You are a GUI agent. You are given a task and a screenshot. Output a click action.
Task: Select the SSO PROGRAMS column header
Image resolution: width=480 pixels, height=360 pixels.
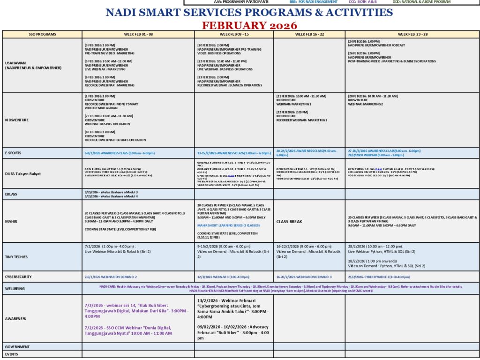[42, 34]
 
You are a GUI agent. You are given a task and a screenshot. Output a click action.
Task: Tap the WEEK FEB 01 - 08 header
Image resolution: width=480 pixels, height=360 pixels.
[138, 34]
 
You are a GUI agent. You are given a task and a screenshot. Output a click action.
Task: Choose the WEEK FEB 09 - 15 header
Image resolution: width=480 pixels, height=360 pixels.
[234, 34]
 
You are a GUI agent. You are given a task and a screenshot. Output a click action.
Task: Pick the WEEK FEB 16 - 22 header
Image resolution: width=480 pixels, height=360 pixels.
[309, 34]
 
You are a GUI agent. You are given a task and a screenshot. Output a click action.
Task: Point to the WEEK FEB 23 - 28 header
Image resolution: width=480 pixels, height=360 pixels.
[412, 34]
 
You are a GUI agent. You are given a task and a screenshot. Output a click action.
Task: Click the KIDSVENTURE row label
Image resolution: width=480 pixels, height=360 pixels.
[16, 120]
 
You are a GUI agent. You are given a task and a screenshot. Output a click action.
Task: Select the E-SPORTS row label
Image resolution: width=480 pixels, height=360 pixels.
[13, 153]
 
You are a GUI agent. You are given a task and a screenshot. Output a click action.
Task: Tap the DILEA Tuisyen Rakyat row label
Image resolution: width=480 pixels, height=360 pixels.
[23, 174]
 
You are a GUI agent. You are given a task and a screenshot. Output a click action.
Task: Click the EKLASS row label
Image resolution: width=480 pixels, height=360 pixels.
[11, 194]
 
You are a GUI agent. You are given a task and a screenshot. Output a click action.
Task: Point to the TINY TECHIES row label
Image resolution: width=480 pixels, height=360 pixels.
[16, 257]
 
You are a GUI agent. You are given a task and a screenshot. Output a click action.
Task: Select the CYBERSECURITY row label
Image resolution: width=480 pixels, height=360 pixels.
[18, 277]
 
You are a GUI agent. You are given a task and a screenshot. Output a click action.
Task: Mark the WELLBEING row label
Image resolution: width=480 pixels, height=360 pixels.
[15, 288]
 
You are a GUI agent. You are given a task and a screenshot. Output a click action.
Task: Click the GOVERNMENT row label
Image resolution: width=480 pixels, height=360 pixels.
[17, 347]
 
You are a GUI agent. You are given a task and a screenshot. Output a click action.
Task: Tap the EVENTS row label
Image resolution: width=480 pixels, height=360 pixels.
[11, 354]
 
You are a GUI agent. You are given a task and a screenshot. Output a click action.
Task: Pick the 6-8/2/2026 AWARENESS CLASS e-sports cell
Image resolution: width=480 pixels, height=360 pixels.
[120, 153]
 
